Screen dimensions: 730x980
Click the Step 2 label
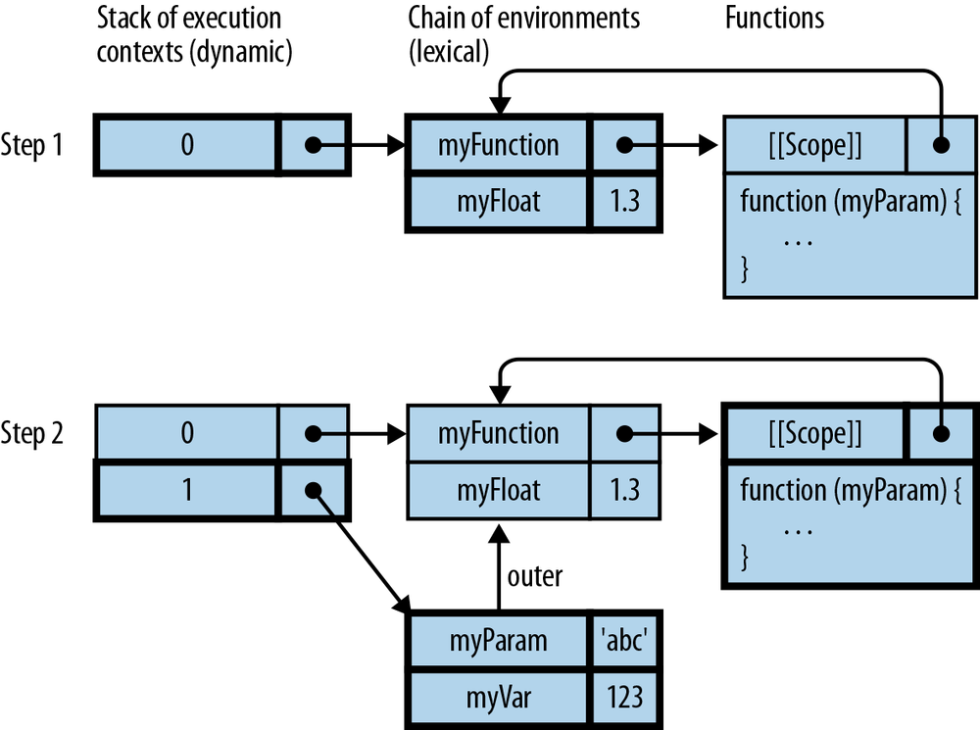pos(32,434)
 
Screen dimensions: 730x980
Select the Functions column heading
pos(774,19)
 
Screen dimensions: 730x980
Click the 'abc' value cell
pos(624,642)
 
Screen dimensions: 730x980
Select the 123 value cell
pos(624,696)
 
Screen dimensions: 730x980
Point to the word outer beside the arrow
pos(535,576)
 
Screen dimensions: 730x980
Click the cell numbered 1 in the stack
pos(186,489)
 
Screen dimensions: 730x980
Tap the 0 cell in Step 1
pos(186,145)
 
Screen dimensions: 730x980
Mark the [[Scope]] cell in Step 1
pos(814,146)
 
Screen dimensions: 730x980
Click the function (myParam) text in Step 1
pos(838,202)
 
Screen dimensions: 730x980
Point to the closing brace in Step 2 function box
pos(745,560)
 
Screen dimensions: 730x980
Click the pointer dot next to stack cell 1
pos(313,489)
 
